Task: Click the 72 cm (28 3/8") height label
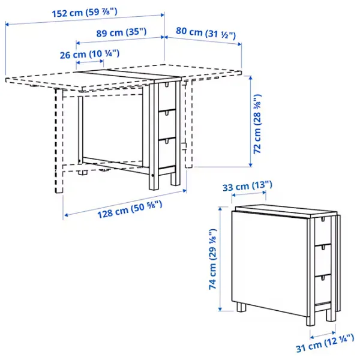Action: (257, 125)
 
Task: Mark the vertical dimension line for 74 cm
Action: (220, 258)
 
